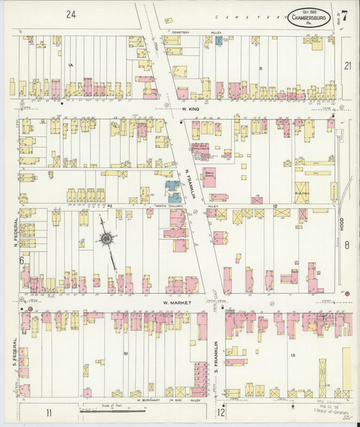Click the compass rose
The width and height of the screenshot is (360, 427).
(x=106, y=238)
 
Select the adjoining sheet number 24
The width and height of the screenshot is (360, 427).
(x=72, y=14)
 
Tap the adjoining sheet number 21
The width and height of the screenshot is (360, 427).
(x=347, y=66)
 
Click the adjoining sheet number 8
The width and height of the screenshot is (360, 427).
(x=347, y=246)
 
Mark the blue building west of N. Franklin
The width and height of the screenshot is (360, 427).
(x=173, y=189)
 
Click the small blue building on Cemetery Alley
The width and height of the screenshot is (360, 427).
(x=219, y=41)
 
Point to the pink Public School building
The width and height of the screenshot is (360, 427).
(x=209, y=178)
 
